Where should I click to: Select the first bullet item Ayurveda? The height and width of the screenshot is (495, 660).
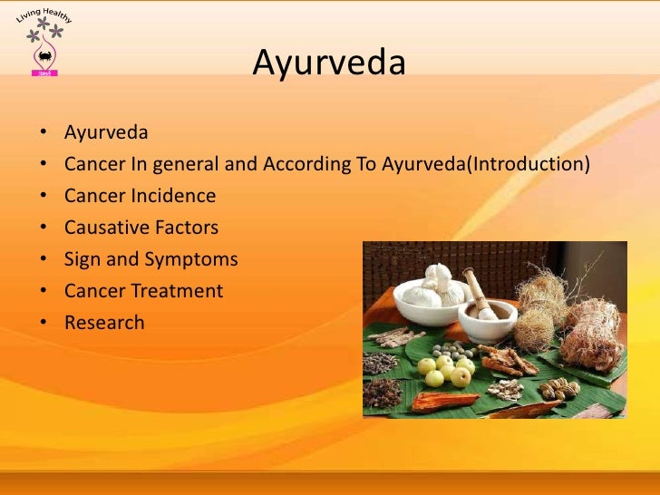tap(106, 133)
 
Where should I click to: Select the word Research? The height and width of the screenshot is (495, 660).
tap(104, 323)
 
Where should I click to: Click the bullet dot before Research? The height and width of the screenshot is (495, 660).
tap(44, 324)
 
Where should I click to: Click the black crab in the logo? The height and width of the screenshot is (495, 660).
tap(44, 59)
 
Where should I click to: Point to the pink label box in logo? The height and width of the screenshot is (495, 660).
tap(44, 73)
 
